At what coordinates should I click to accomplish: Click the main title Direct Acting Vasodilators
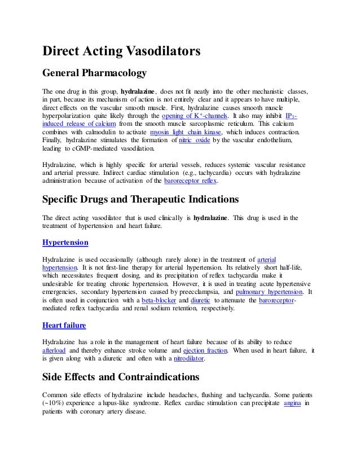point(122,52)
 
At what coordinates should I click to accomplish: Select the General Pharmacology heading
point(95,73)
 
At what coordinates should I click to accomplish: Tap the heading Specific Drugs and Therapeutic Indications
point(133,200)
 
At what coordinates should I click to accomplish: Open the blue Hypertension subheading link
point(65,242)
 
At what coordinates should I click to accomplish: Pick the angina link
point(293,402)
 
